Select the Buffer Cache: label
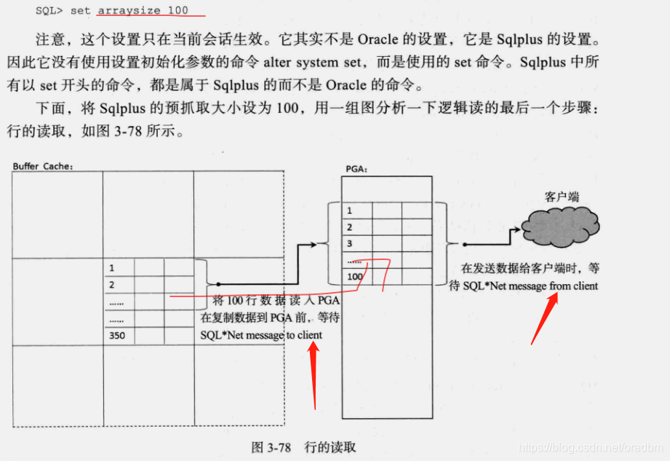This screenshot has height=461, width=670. point(43,167)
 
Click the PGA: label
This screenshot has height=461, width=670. point(356,169)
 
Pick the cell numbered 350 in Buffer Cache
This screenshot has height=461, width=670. point(117,336)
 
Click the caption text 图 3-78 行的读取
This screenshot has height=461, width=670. point(304,446)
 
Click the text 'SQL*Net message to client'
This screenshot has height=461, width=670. point(261,335)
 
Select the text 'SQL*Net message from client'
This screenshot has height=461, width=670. point(530,286)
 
